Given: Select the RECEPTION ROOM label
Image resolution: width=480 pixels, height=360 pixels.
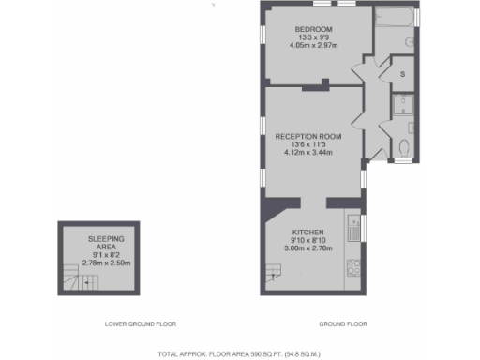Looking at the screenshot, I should [x=307, y=136].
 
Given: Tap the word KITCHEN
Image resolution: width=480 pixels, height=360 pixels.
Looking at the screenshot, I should [x=307, y=232].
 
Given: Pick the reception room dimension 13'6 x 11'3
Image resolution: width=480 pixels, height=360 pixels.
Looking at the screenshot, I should [x=307, y=144].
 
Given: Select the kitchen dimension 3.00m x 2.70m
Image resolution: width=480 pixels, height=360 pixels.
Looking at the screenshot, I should [x=307, y=249].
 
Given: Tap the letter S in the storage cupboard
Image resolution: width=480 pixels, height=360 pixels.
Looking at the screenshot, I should [x=402, y=73].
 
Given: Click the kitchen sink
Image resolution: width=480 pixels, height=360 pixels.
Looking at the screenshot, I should [x=352, y=225].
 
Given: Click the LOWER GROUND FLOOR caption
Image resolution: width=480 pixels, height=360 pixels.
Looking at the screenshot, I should [x=141, y=324].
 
